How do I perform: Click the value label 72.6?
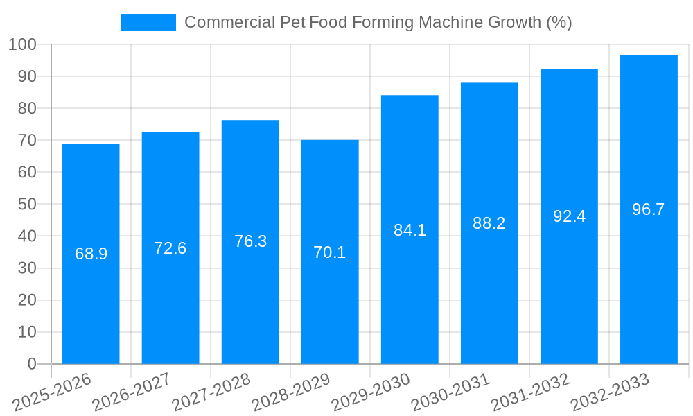170,248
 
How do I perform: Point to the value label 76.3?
250,241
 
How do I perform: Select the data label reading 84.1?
410,230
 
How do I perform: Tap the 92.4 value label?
569,216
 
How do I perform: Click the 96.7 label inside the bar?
649,209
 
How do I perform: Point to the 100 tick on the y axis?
22,45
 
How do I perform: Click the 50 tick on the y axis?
27,205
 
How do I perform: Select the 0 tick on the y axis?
31,364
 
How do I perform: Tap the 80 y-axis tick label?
27,109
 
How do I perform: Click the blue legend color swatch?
148,22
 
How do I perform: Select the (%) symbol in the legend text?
559,22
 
